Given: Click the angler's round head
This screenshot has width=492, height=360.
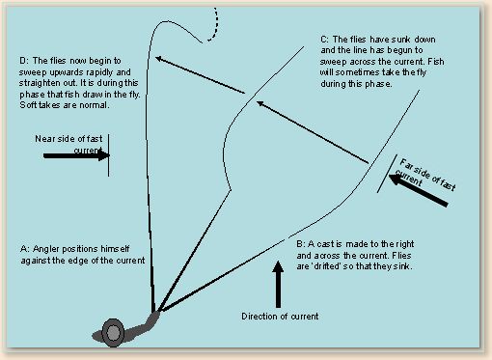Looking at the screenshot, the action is [x=113, y=333].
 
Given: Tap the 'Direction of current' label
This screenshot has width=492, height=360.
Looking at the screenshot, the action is [x=280, y=317].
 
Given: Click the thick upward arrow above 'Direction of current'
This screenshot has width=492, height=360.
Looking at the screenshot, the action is [x=278, y=284].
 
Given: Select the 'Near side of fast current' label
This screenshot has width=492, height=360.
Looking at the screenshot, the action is [x=68, y=145].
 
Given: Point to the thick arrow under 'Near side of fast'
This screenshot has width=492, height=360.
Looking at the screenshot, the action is [x=76, y=155].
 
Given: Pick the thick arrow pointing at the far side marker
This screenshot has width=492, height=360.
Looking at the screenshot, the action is [x=418, y=190].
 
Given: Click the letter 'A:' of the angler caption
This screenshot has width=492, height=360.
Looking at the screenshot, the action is [x=24, y=249].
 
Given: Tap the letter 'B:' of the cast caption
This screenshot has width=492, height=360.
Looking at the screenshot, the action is [x=301, y=244].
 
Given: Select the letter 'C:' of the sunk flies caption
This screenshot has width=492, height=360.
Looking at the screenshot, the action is [x=325, y=40].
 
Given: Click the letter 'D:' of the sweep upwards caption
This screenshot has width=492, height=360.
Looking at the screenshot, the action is [x=24, y=61].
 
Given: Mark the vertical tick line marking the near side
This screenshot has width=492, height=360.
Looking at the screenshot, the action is [x=109, y=155].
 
